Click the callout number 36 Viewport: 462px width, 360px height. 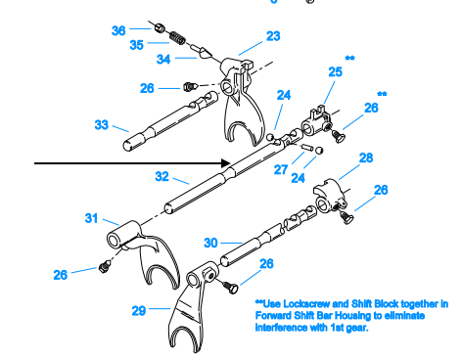point(118,30)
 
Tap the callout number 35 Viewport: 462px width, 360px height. point(138,44)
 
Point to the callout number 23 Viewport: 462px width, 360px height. point(272,36)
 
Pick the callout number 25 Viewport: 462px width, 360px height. point(335,72)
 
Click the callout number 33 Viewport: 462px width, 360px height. point(102,124)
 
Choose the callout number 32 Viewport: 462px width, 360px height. point(162,177)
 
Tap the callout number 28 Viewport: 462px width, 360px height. point(366,157)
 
